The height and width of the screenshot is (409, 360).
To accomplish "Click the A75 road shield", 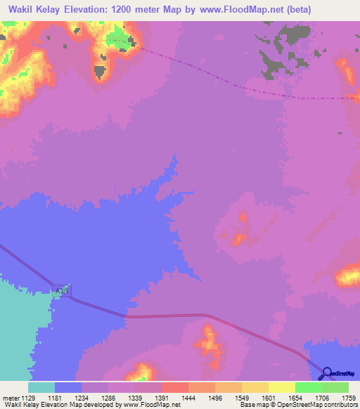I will pos(63,290).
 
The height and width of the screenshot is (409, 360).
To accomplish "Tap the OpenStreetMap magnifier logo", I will pos(327,373).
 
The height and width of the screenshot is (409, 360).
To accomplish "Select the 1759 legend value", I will pos(349,397).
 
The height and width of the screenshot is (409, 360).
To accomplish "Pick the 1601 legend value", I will pos(269,397).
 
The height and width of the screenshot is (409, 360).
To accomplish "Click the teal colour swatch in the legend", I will pos(41,387).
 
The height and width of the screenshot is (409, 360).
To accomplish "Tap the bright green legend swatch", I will pos(309,387).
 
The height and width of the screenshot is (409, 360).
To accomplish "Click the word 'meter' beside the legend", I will pos(11,397).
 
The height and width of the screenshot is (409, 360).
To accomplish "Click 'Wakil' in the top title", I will pos(20,9).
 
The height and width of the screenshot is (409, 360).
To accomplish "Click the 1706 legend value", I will pos(322,397).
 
